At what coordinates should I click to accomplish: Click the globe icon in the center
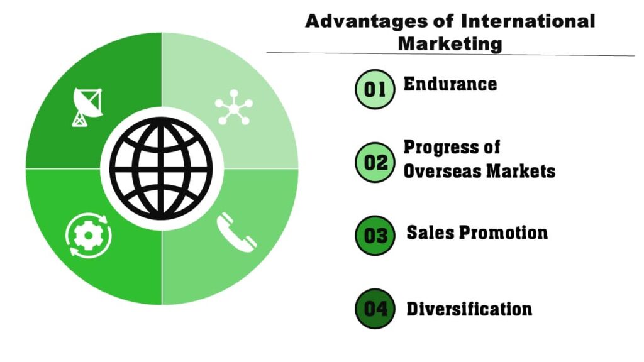tap(162, 168)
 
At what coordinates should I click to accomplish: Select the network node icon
tap(233, 107)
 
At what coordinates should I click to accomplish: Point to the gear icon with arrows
tap(88, 235)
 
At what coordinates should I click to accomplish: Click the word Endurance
tap(450, 84)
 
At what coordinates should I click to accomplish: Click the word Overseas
tap(441, 171)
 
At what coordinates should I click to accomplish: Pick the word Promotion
tap(502, 233)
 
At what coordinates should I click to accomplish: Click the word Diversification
tap(469, 309)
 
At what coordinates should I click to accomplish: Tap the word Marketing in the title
tap(450, 43)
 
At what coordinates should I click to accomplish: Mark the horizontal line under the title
tap(450, 54)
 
